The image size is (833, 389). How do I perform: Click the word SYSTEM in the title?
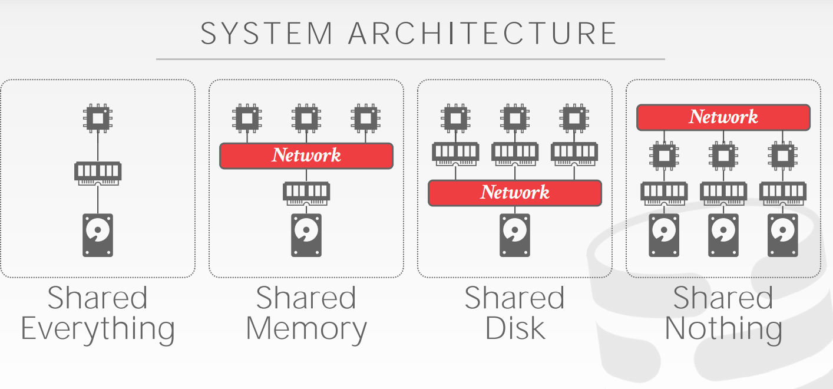pos(267,34)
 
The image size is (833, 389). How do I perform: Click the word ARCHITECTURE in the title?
pos(482,34)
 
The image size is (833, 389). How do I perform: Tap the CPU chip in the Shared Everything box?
pos(97,117)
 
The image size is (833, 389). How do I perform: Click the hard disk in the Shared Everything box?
pos(97,235)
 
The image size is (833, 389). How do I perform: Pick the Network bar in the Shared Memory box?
pos(306,156)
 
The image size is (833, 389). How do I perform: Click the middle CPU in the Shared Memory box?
pos(306,117)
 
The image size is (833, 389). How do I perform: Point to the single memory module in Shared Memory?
pos(306,192)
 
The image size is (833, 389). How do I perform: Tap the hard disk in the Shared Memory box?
pos(306,235)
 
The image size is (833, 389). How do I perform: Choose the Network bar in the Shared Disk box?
pos(515,193)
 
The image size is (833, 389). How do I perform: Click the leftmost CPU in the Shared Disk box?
pos(455,117)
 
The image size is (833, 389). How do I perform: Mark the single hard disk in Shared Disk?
pos(515,235)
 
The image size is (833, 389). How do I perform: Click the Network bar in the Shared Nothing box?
pos(723,117)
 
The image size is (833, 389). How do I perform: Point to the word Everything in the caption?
pos(98,329)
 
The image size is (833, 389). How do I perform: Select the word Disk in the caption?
pos(515,328)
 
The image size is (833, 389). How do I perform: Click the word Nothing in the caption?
pos(723,328)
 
